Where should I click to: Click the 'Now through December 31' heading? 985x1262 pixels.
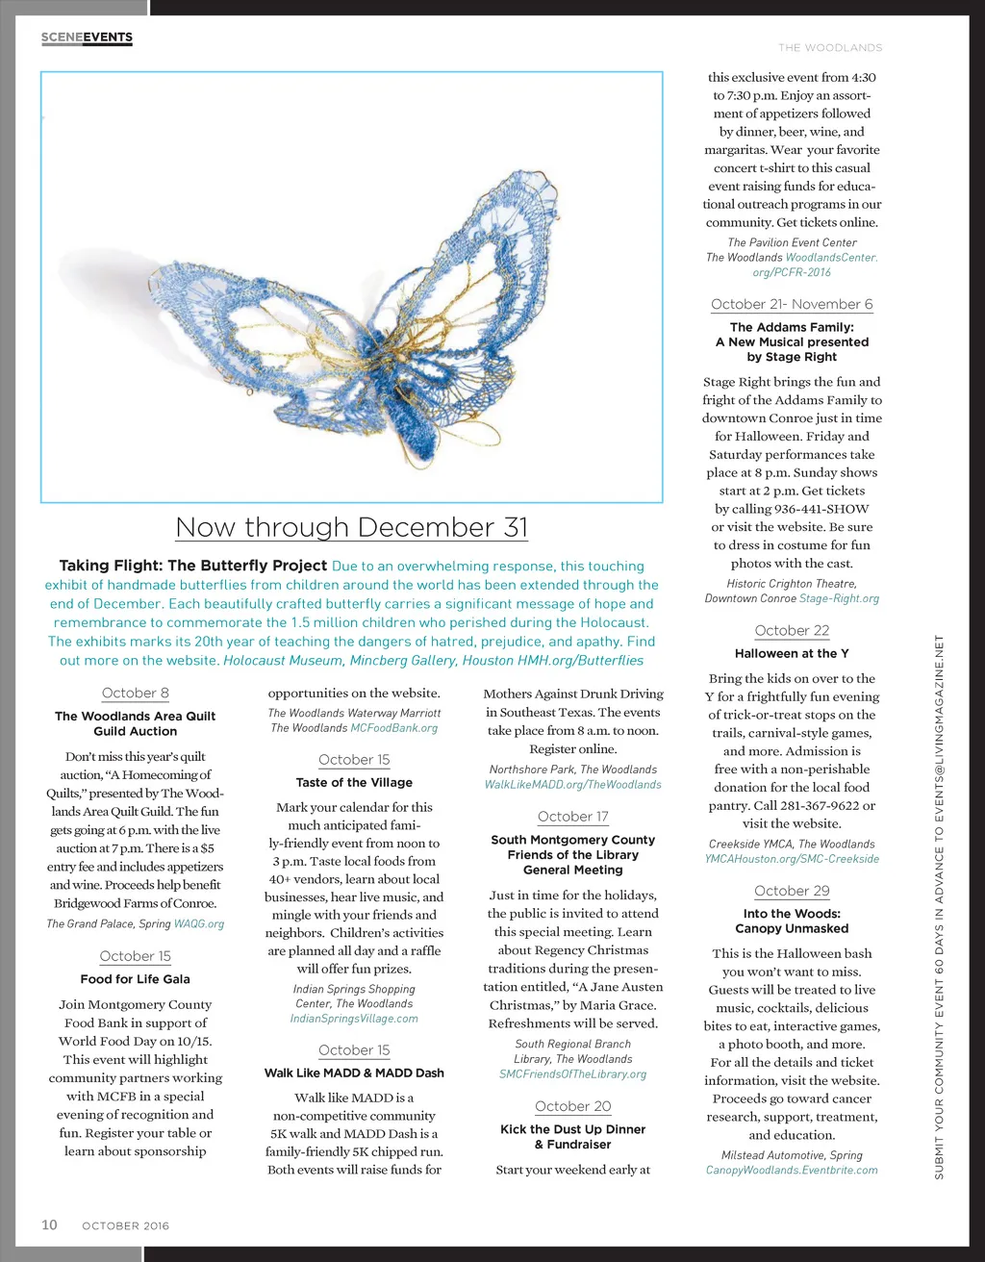[x=352, y=527]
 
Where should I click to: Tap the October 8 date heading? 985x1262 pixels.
[x=135, y=693]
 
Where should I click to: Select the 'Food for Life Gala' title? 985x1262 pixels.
[x=135, y=979]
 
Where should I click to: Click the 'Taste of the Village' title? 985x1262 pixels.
[x=354, y=783]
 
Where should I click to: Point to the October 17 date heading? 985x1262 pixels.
[x=572, y=817]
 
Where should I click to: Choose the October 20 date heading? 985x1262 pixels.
[x=572, y=1106]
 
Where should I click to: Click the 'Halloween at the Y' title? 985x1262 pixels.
[x=792, y=653]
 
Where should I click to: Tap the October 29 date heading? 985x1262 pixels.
[x=792, y=891]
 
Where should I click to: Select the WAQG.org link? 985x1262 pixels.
[x=199, y=924]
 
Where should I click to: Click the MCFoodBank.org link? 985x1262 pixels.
[x=393, y=728]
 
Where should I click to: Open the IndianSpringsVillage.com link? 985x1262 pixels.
[x=354, y=1019]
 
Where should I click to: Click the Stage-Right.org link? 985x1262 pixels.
[x=839, y=598]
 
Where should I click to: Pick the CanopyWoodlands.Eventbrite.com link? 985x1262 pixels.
[x=792, y=1171]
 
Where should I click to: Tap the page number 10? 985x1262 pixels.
[x=49, y=1224]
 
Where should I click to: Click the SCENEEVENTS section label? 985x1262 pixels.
[x=87, y=38]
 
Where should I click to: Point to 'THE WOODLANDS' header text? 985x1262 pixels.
[x=830, y=47]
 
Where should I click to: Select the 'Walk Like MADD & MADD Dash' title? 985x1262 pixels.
[x=354, y=1073]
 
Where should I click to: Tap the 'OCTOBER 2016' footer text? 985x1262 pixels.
[x=125, y=1225]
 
